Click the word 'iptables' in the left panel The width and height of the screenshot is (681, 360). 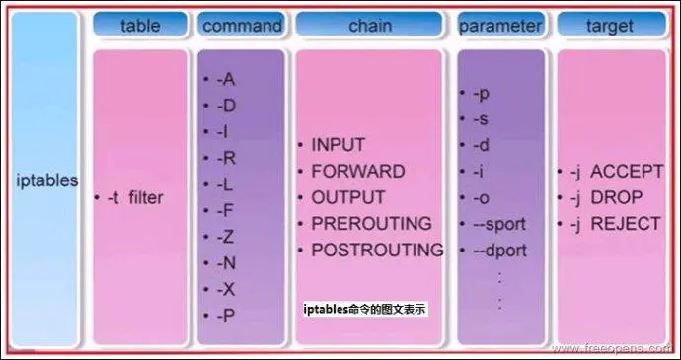pos(47,181)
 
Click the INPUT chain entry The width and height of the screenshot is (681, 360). pos(339,145)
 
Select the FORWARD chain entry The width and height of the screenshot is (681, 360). pos(357,172)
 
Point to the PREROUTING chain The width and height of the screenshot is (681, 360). pos(371,224)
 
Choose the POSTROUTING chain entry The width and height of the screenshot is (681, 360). pos(377,251)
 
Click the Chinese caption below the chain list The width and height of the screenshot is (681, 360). pos(365,309)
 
